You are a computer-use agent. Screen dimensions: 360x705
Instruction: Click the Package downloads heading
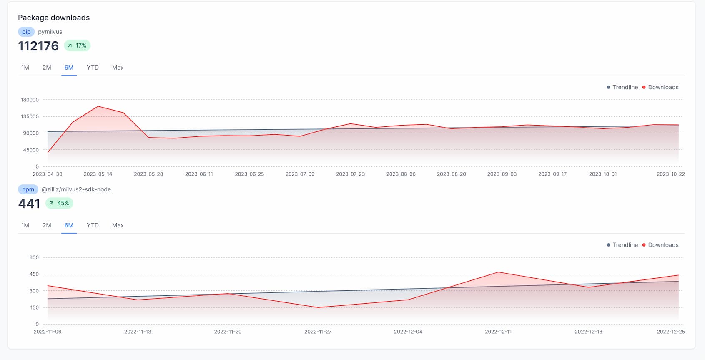54,18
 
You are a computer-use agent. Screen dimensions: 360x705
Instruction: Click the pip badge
26,32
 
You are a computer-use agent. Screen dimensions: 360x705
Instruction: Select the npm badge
28,189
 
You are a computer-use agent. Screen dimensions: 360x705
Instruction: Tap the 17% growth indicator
77,45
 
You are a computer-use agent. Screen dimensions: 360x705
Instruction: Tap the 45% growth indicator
59,203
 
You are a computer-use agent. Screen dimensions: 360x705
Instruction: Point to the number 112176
38,46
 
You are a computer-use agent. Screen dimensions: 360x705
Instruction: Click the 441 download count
29,204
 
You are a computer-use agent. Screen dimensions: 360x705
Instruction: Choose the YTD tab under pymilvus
93,68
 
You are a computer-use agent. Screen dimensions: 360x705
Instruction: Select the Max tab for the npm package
118,225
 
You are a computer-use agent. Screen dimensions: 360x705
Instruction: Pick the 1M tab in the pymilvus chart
25,68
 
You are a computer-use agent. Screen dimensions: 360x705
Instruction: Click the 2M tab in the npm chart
47,225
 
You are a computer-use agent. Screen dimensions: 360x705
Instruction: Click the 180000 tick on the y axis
30,100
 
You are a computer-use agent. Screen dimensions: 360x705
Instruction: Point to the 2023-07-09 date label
300,174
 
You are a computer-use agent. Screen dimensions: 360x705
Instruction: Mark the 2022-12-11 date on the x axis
498,332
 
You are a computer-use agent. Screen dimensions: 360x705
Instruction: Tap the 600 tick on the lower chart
34,257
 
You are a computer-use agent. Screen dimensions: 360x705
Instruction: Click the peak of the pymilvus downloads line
98,106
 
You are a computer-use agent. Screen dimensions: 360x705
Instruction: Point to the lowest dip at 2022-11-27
318,307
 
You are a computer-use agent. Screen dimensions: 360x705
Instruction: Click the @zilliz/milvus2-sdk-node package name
76,189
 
